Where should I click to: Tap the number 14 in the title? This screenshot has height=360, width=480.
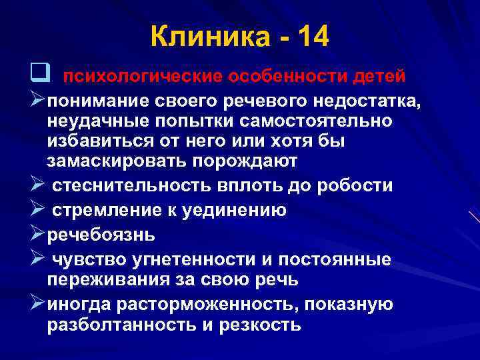309,36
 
